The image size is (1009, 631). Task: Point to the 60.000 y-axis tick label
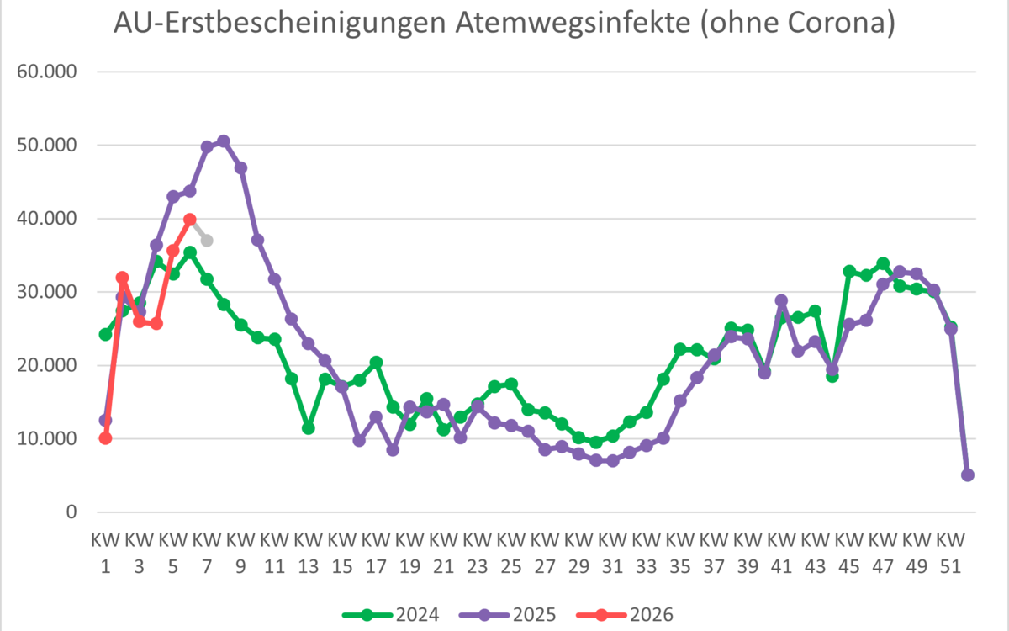47,72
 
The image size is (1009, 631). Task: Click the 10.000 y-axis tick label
47,439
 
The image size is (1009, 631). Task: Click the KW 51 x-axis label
950,552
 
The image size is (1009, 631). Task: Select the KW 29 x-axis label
578,552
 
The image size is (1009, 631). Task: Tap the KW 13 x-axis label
308,552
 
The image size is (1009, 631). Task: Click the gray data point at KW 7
207,241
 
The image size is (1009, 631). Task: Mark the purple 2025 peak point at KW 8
224,141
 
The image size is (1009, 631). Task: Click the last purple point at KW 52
967,475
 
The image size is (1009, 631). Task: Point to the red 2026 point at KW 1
105,437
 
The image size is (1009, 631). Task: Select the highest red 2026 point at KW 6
190,220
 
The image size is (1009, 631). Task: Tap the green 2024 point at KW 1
105,334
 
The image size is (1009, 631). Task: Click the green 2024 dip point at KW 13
309,428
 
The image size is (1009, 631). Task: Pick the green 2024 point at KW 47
882,264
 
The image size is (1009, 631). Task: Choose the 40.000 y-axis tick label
47,219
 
